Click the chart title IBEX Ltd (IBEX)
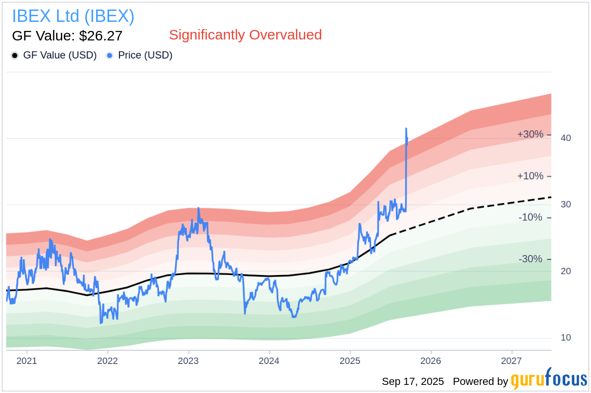click(73, 16)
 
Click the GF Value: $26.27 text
click(67, 36)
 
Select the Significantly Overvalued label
click(245, 35)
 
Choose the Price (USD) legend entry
click(145, 55)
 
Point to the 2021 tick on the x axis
click(27, 360)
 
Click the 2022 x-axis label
click(108, 360)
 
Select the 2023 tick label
click(188, 360)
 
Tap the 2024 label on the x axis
click(269, 360)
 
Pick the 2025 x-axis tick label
click(350, 360)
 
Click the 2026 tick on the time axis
click(431, 360)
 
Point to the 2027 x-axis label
click(512, 360)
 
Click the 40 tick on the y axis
click(566, 138)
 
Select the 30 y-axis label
click(566, 205)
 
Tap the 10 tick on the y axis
click(566, 338)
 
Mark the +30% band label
click(530, 134)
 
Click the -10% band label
click(530, 217)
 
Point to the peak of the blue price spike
click(406, 128)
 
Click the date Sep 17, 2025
click(413, 382)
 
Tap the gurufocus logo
click(549, 380)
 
